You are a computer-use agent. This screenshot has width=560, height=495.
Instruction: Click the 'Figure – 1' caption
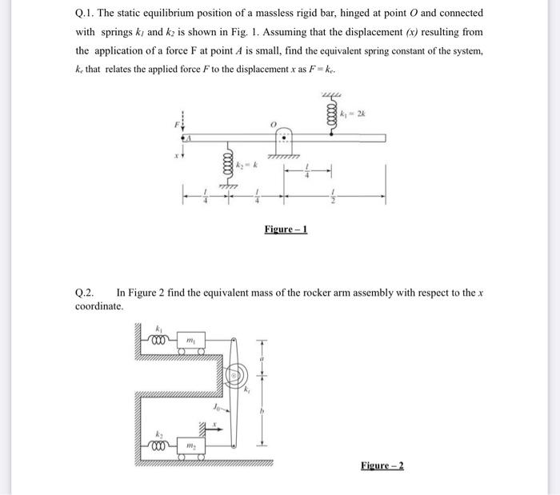coord(286,230)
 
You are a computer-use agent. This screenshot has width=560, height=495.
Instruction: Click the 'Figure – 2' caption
coord(382,465)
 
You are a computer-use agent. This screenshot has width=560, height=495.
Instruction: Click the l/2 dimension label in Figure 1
coord(334,194)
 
